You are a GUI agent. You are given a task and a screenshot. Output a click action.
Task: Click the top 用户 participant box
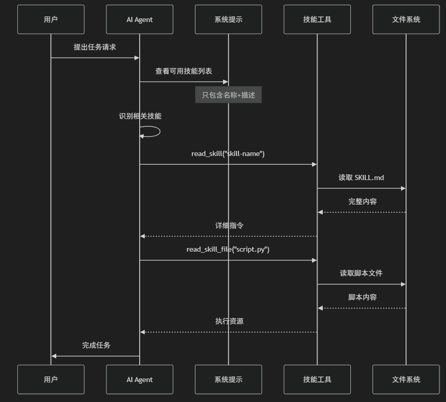coord(51,19)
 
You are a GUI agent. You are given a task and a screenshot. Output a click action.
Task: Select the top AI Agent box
coord(140,19)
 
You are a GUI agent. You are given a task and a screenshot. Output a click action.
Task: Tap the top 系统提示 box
coord(228,19)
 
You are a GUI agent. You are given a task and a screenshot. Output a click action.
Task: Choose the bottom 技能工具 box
coord(317,379)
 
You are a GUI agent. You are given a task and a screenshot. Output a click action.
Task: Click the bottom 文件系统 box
coord(406,379)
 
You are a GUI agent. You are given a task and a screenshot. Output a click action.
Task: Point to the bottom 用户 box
coord(51,379)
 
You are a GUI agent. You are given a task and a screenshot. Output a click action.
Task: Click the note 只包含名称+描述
coord(228,95)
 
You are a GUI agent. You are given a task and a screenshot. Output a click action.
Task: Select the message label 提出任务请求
coord(95,47)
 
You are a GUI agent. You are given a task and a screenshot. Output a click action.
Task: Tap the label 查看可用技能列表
coord(184,71)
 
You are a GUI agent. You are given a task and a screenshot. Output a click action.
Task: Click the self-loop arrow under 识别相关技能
coord(153,131)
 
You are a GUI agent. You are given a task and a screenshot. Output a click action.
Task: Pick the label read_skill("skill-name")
coord(228,153)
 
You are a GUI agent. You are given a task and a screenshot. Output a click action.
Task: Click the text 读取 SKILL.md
coord(361,177)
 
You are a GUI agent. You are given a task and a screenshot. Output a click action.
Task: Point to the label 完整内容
coord(363,202)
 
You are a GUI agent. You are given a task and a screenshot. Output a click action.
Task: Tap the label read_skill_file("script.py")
coord(228,249)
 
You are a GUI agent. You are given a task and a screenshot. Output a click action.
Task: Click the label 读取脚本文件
coord(361,273)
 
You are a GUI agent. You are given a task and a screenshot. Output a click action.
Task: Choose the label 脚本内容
coord(363,297)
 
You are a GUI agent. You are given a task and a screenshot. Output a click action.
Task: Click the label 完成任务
coord(96,345)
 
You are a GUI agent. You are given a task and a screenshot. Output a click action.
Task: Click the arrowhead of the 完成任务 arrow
coord(54,356)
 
